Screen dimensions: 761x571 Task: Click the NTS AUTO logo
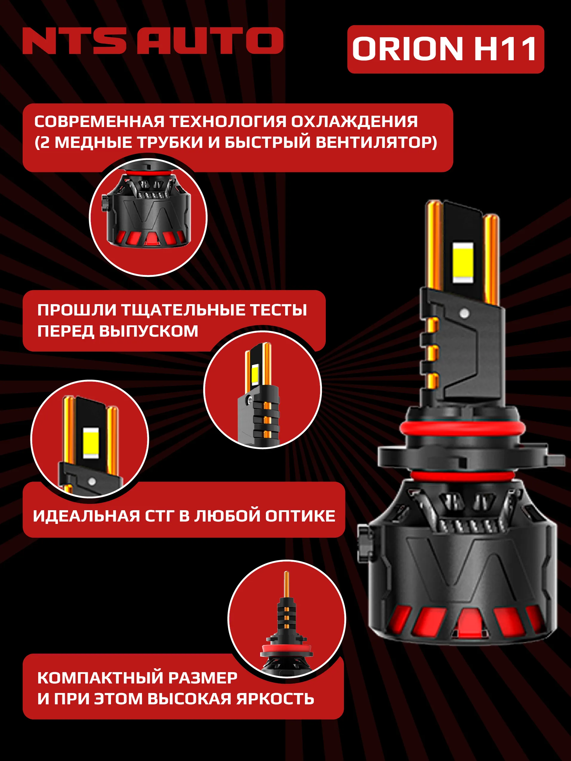tap(153, 41)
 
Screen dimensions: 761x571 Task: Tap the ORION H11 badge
tap(445, 49)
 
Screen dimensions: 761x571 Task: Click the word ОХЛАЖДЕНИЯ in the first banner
tap(354, 121)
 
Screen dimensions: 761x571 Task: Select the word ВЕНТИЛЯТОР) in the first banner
tap(376, 143)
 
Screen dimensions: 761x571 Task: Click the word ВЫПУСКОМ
tap(148, 331)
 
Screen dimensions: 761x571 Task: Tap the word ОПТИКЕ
tap(300, 516)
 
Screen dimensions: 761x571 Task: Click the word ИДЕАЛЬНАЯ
tap(86, 516)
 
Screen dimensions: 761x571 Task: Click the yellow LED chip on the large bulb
tap(463, 263)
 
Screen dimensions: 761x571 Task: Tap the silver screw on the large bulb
tap(464, 313)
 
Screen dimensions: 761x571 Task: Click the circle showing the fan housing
tap(148, 217)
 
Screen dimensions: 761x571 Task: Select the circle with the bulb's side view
tap(262, 390)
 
